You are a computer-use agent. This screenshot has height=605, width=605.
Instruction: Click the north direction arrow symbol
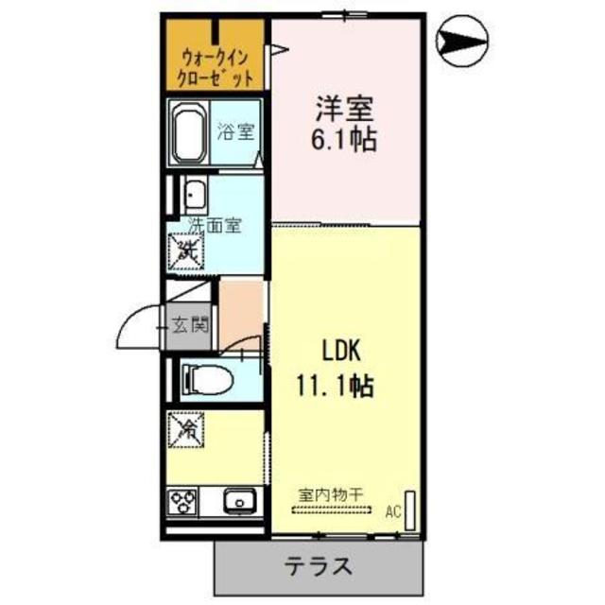(x=463, y=42)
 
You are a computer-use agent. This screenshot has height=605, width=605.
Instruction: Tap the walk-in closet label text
(x=216, y=67)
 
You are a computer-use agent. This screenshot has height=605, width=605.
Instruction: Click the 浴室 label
(x=235, y=132)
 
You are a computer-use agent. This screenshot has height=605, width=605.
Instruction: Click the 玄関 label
(x=189, y=326)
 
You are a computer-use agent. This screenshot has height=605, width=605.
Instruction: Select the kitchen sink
(x=239, y=500)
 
